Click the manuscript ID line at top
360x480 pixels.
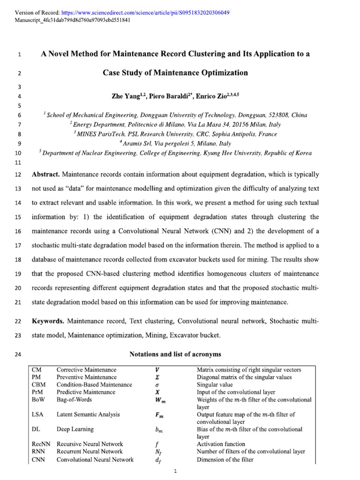pos(66,20)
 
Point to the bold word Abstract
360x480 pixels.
pos(45,174)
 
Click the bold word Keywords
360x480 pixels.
pos(48,322)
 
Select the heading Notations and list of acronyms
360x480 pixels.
pos(175,354)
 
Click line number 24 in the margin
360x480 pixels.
pos(19,354)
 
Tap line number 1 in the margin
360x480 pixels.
pos(19,55)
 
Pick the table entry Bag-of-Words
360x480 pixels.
pos(75,399)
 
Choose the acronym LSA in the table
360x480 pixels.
pos(38,414)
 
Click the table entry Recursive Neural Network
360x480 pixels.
pos(90,444)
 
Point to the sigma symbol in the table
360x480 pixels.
pos(157,385)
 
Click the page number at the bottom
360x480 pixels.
pos(174,472)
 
